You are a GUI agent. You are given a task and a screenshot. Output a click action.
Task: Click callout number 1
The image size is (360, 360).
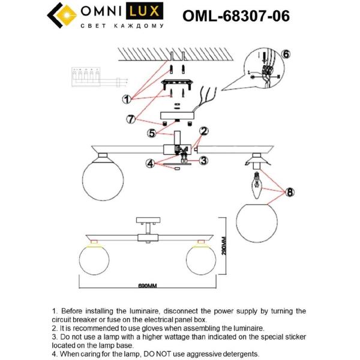[127, 98]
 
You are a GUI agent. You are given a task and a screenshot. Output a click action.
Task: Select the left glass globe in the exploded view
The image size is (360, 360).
[103, 174]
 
